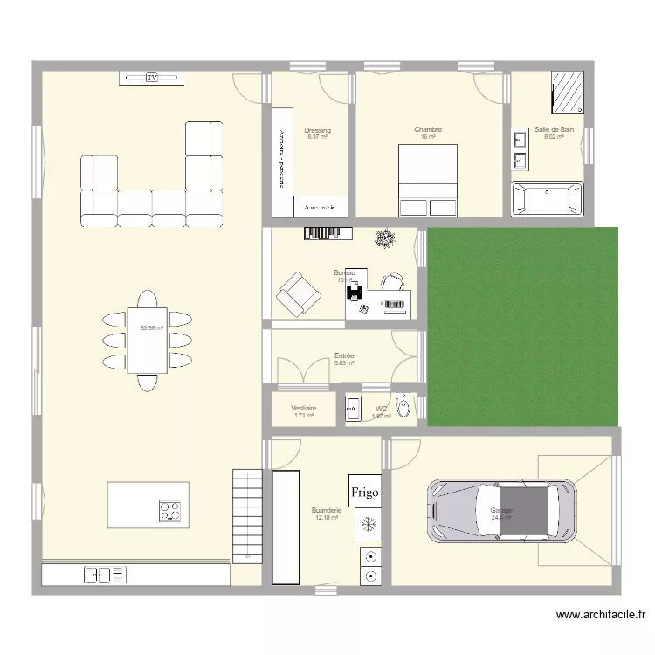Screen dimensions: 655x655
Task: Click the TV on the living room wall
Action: [x=151, y=79]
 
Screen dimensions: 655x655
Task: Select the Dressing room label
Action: [x=317, y=130]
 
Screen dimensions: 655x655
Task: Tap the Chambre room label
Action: [x=428, y=130]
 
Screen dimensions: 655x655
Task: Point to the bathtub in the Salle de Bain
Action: [x=547, y=199]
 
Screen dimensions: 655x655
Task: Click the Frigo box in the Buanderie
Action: [x=365, y=493]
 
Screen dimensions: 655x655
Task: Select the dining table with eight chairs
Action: [x=147, y=340]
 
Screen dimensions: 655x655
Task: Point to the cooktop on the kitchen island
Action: [x=170, y=511]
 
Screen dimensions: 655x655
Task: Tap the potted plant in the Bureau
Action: [x=383, y=239]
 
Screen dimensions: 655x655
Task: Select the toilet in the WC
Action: [x=403, y=407]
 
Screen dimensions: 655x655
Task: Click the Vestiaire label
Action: [x=303, y=408]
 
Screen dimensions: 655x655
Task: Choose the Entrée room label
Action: [x=344, y=356]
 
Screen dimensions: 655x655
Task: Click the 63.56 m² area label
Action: [x=152, y=328]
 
